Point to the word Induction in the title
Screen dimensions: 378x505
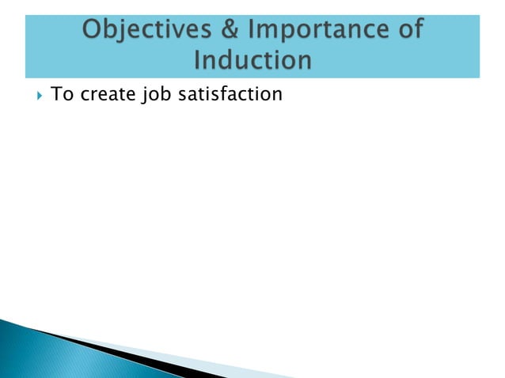pyautogui.click(x=252, y=60)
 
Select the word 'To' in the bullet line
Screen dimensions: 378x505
pyautogui.click(x=60, y=95)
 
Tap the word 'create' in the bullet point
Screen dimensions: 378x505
pyautogui.click(x=108, y=95)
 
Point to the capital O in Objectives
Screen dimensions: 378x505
pyautogui.click(x=92, y=32)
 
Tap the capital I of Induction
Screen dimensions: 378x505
pyautogui.click(x=198, y=60)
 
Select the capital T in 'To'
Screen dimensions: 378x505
pyautogui.click(x=55, y=95)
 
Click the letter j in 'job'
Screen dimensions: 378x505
pyautogui.click(x=152, y=96)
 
